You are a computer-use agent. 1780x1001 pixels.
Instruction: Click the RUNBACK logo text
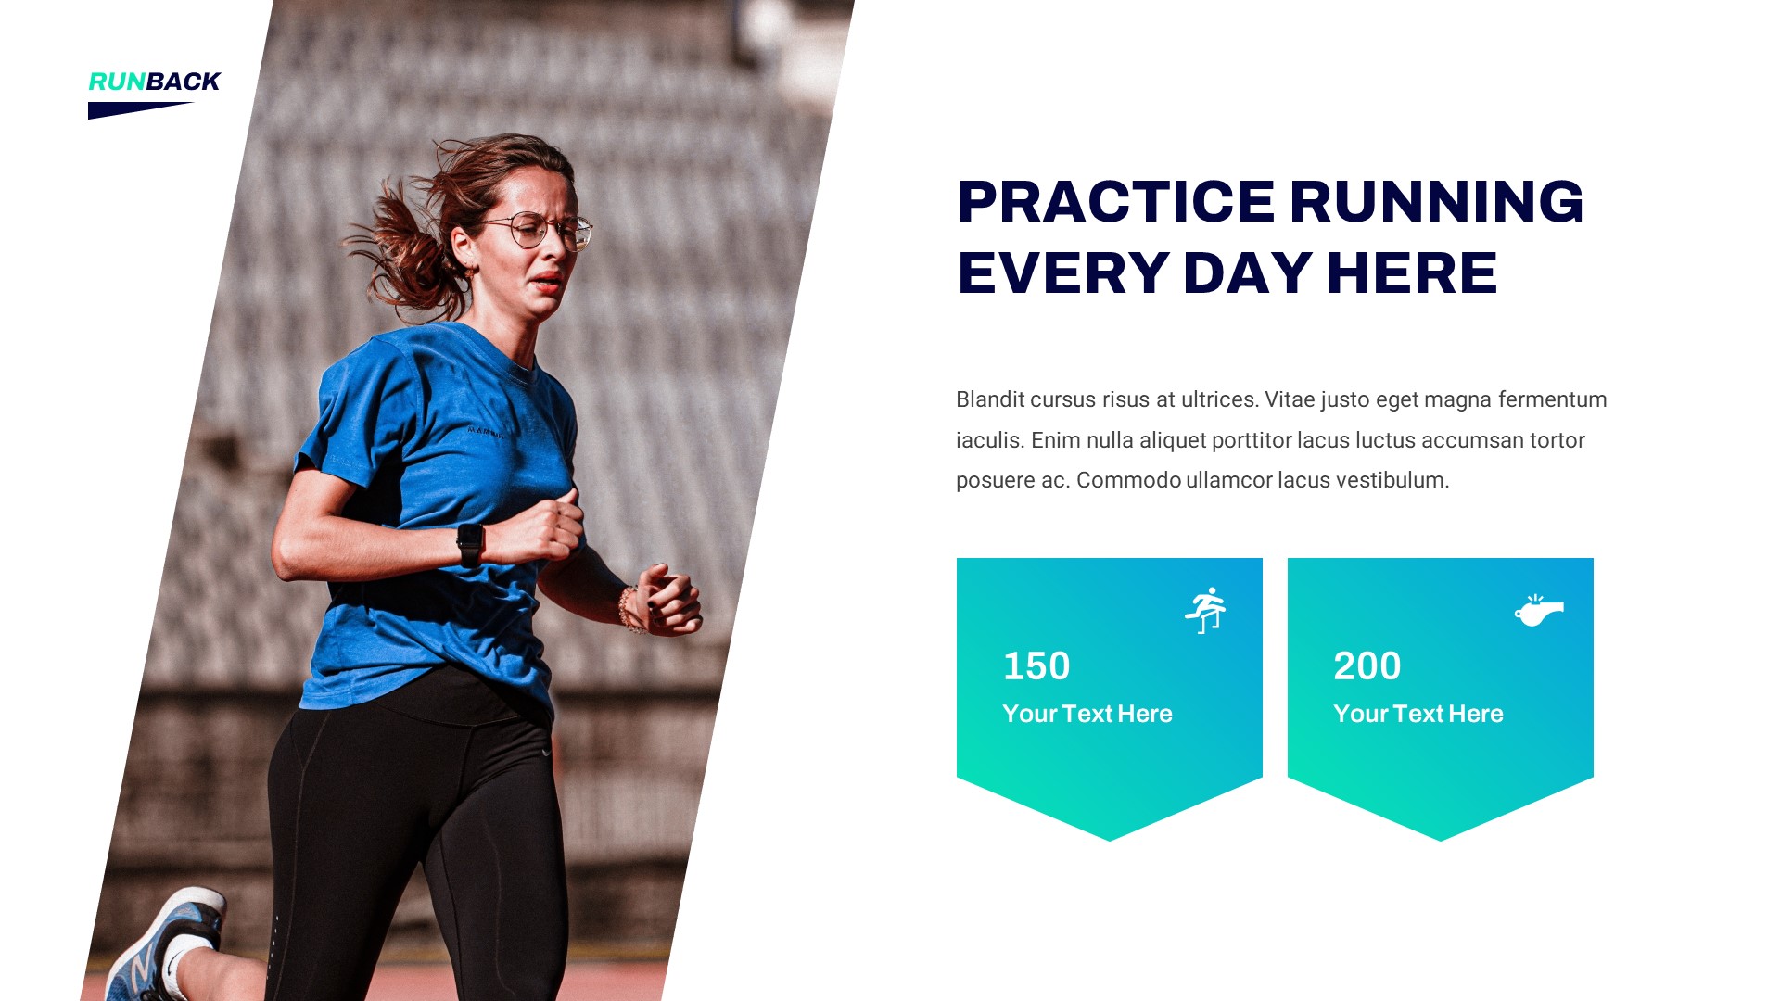[x=154, y=82]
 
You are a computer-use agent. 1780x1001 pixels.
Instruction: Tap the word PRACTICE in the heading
[x=1115, y=202]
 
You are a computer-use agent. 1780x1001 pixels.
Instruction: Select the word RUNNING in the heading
[x=1436, y=202]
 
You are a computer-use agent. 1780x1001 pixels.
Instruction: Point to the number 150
[x=1036, y=666]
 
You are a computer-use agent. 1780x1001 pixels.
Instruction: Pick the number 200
[x=1367, y=666]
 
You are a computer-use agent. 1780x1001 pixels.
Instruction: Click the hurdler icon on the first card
[x=1205, y=610]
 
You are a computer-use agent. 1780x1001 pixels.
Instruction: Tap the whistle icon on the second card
[x=1539, y=611]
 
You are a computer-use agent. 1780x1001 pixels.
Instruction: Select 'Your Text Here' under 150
[x=1087, y=714]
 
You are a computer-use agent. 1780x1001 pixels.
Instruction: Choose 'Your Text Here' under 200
[x=1418, y=714]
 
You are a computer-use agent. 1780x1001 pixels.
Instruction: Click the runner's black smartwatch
[x=470, y=544]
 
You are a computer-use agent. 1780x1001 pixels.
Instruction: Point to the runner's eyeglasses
[x=542, y=229]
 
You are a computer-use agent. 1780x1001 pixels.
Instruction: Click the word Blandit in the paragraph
[x=990, y=399]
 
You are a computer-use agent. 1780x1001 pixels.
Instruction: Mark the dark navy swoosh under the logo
[x=134, y=110]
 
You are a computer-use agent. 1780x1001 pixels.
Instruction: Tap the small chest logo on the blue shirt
[x=485, y=431]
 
